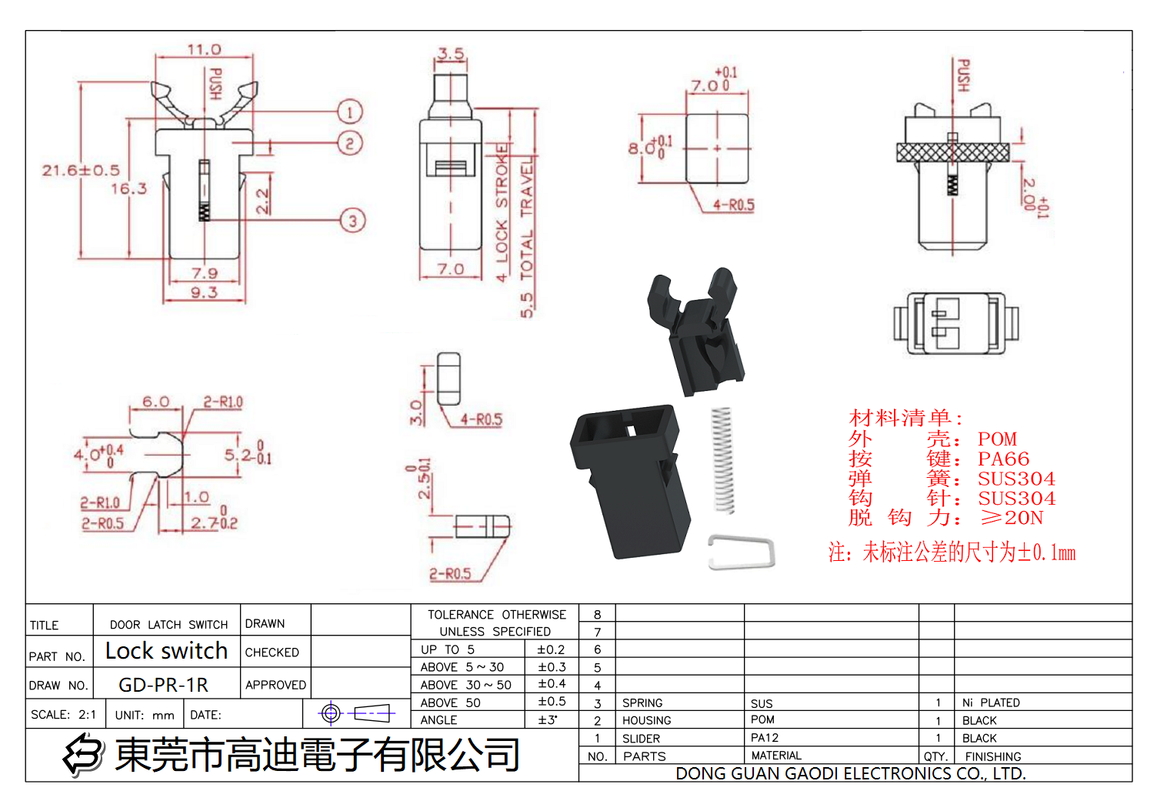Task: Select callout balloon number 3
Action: [352, 221]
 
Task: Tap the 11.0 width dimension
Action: [204, 49]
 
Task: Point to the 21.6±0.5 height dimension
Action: [81, 170]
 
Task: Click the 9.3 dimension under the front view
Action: [204, 292]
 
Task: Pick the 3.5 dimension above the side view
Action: [451, 54]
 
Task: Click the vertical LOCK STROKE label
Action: [502, 212]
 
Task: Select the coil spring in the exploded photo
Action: [722, 459]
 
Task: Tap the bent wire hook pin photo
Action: [741, 552]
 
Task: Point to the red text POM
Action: [997, 439]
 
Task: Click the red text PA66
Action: [1003, 459]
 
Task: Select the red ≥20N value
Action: [1012, 518]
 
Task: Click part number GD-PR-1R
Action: [163, 685]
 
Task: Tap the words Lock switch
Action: [166, 651]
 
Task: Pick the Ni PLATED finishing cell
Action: [991, 703]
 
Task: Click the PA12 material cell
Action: [765, 738]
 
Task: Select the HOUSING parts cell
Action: [646, 720]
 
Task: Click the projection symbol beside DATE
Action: [356, 713]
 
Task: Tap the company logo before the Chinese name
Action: [84, 754]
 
